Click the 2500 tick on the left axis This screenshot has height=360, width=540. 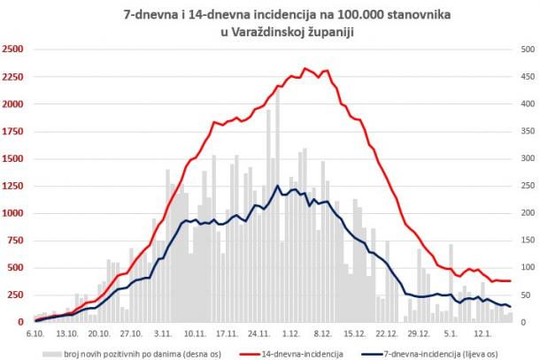pyautogui.click(x=13, y=50)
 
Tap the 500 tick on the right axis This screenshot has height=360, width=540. pyautogui.click(x=525, y=50)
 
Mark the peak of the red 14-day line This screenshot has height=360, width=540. pyautogui.click(x=305, y=68)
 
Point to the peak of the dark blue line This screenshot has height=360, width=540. pyautogui.click(x=278, y=186)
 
